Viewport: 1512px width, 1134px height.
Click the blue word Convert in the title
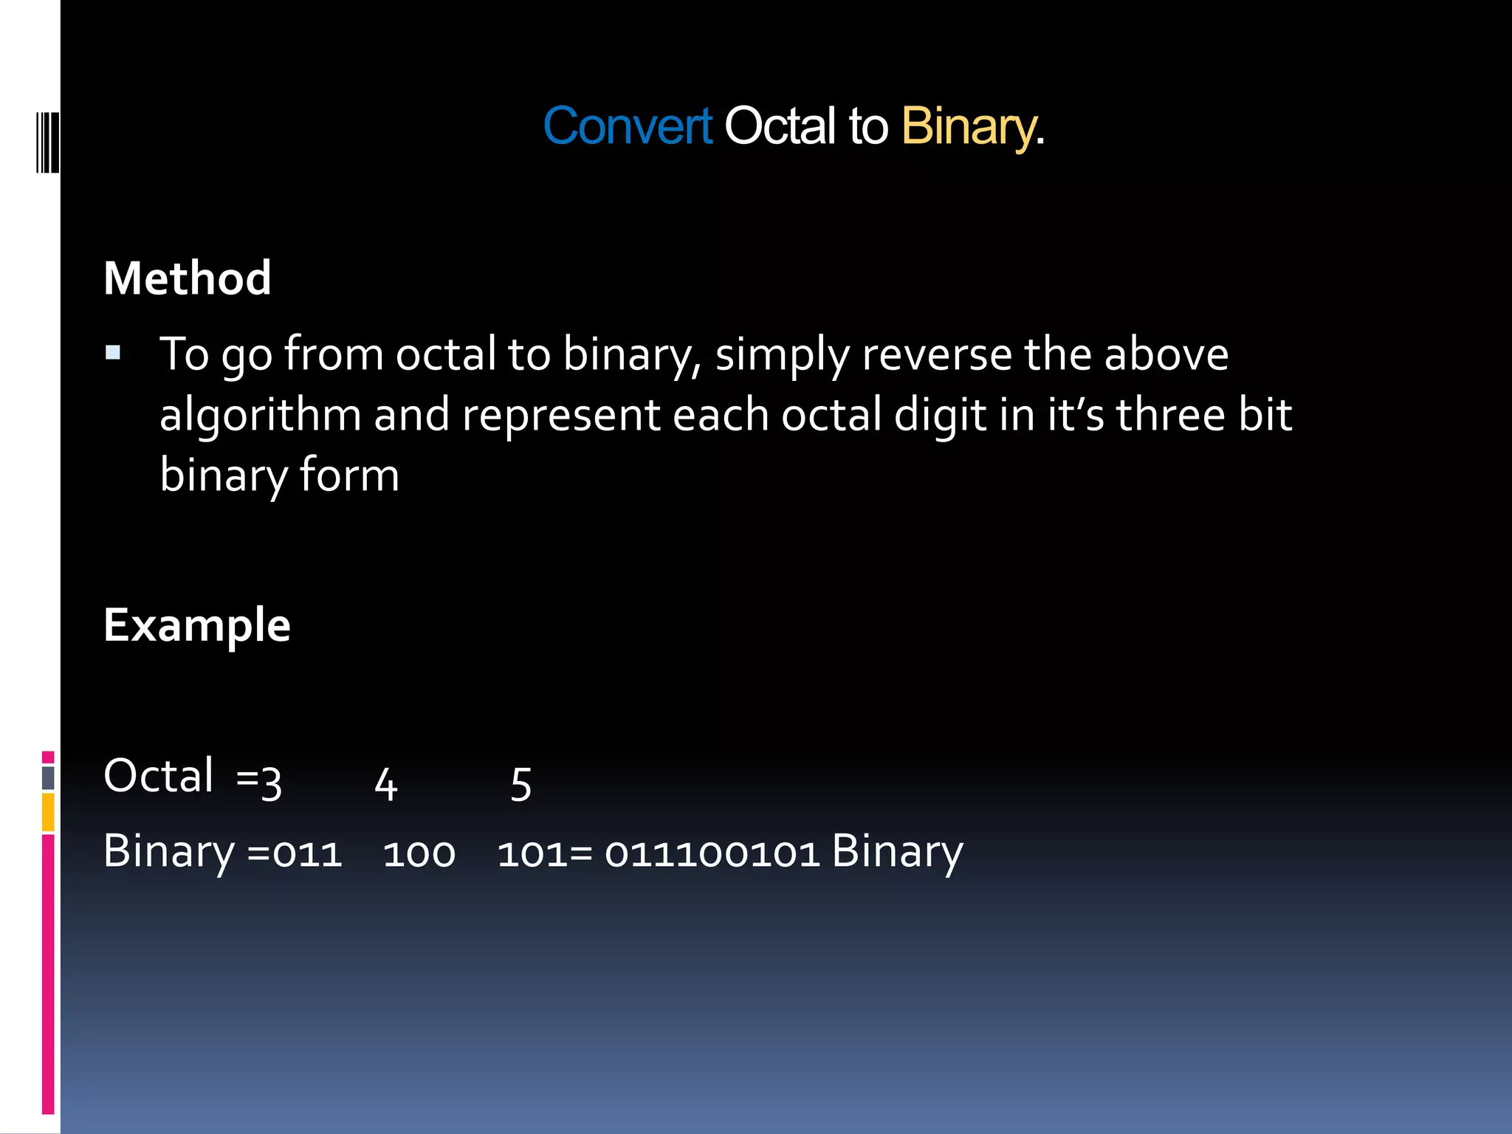pyautogui.click(x=628, y=126)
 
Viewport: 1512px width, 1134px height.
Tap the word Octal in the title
pyautogui.click(x=780, y=126)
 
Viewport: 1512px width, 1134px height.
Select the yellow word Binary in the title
pyautogui.click(x=968, y=126)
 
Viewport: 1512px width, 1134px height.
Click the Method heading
pyautogui.click(x=188, y=278)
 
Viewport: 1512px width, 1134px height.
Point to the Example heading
pyautogui.click(x=197, y=625)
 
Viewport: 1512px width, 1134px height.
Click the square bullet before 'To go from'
pyautogui.click(x=113, y=352)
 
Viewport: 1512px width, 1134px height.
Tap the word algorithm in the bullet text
pyautogui.click(x=260, y=414)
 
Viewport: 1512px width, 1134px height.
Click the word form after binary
pyautogui.click(x=349, y=475)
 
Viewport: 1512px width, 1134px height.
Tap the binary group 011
pyautogui.click(x=307, y=853)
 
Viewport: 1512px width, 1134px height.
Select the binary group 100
pyautogui.click(x=419, y=853)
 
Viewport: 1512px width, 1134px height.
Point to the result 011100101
pyautogui.click(x=712, y=853)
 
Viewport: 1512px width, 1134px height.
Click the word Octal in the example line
pyautogui.click(x=158, y=776)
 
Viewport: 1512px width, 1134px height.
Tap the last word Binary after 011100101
pyautogui.click(x=897, y=852)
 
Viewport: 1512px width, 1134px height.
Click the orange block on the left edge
pyautogui.click(x=48, y=811)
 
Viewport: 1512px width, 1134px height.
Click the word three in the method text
pyautogui.click(x=1171, y=414)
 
